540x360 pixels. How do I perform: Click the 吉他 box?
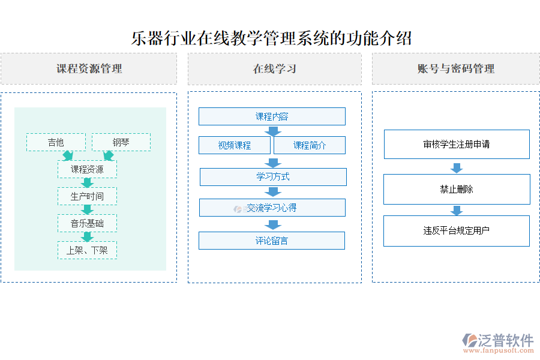pyautogui.click(x=56, y=142)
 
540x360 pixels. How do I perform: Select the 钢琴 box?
pyautogui.click(x=121, y=142)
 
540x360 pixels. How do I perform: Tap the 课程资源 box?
pyautogui.click(x=87, y=169)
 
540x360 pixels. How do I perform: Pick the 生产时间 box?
pyautogui.click(x=87, y=196)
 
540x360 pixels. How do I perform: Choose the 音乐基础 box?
pyautogui.click(x=87, y=223)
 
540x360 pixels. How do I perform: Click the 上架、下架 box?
pyautogui.click(x=87, y=250)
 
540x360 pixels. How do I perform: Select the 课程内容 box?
pyautogui.click(x=272, y=116)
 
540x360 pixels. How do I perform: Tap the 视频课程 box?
pyautogui.click(x=235, y=145)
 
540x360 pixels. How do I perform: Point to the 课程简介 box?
pyautogui.click(x=310, y=145)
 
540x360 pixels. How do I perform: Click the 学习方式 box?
pyautogui.click(x=273, y=177)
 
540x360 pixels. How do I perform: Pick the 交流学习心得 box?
pyautogui.click(x=272, y=208)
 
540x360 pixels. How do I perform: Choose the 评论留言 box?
pyautogui.click(x=272, y=241)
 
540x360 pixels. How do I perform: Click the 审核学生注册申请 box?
pyautogui.click(x=457, y=144)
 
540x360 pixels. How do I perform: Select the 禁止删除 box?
pyautogui.click(x=457, y=189)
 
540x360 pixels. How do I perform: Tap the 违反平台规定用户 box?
pyautogui.click(x=457, y=230)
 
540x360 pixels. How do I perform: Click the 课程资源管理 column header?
pyautogui.click(x=89, y=69)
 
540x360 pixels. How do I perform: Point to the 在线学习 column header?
pyautogui.click(x=275, y=69)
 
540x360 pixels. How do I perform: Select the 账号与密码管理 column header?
pyautogui.click(x=456, y=69)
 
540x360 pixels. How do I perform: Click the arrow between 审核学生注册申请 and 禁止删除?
pyautogui.click(x=457, y=167)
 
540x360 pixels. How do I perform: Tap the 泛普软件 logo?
pyautogui.click(x=498, y=342)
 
